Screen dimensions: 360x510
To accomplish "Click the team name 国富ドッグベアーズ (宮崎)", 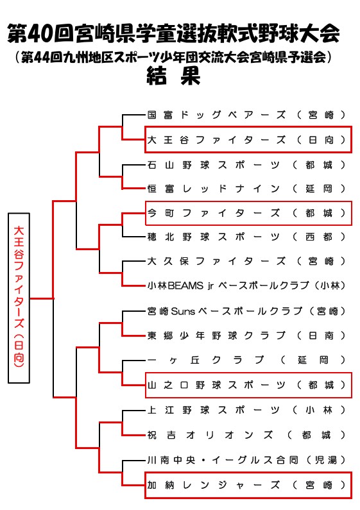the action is tap(246, 115).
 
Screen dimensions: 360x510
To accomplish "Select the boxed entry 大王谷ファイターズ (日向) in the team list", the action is tap(248, 140).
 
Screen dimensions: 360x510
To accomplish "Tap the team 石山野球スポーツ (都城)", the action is tap(246, 165).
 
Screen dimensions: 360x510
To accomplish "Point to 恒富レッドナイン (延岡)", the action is tap(246, 189).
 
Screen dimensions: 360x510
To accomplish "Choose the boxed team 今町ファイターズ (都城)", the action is tap(248, 213).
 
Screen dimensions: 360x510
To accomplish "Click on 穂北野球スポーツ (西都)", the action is tap(246, 237).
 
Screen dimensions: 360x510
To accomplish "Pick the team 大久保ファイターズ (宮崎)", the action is tap(246, 261).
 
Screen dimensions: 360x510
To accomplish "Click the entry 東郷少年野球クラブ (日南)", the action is tap(246, 336).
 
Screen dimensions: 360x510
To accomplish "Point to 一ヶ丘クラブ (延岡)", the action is tap(246, 360).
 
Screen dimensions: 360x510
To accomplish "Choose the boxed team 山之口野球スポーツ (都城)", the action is tap(248, 385).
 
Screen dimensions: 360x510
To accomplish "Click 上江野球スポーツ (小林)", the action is tap(246, 410).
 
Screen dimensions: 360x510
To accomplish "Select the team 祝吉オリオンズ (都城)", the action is tap(246, 435).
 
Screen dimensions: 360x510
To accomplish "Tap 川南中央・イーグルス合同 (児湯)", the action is tap(246, 460).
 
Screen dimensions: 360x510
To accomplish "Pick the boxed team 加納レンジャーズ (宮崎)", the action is tap(248, 485).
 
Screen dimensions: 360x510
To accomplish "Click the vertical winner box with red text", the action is tap(19, 298).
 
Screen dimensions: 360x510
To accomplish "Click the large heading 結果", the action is tap(174, 76).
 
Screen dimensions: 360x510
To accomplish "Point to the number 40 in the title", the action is tap(40, 34).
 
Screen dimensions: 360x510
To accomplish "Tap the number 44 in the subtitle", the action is tap(42, 58).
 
